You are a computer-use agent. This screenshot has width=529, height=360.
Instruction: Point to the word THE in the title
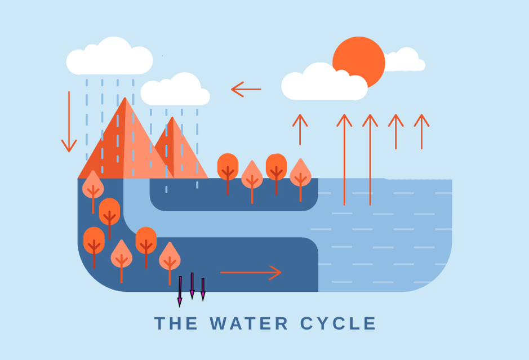pyautogui.click(x=176, y=323)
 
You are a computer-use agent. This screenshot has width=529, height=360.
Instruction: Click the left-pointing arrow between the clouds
pyautogui.click(x=246, y=89)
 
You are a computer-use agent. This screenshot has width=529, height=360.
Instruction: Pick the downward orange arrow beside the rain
pyautogui.click(x=69, y=122)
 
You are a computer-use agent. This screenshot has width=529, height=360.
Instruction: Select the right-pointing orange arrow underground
pyautogui.click(x=251, y=273)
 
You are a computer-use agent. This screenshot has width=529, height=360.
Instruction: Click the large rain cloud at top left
pyautogui.click(x=109, y=59)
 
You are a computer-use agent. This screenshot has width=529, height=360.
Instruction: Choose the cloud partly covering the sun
pyautogui.click(x=323, y=83)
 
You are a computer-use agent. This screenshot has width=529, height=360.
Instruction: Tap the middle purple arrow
pyautogui.click(x=192, y=286)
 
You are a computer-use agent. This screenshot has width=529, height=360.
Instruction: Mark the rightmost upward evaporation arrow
pyautogui.click(x=421, y=131)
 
